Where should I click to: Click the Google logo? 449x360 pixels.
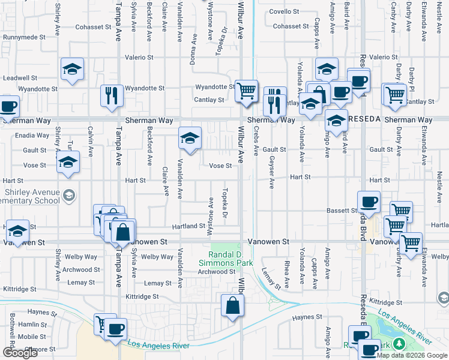coord(20,353)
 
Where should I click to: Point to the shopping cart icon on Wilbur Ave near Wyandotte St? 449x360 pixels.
coord(246,92)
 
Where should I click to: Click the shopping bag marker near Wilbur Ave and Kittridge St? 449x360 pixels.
coord(232,305)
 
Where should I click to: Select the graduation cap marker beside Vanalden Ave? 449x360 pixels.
coord(190,139)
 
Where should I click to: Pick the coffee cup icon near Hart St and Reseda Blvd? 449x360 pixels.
coord(368,202)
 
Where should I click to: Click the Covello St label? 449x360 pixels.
coord(284,11)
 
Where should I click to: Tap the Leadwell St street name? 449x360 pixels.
coord(20,78)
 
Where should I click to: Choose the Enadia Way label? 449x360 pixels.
coord(32,136)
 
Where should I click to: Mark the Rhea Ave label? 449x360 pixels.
coord(287,274)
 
